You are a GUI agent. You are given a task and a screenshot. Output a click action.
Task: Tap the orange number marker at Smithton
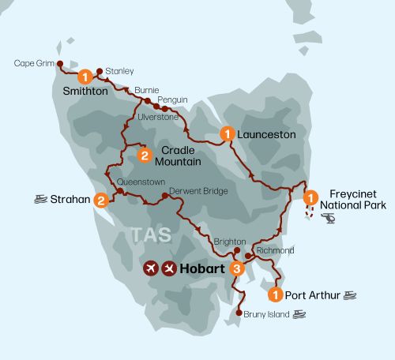[x=83, y=77]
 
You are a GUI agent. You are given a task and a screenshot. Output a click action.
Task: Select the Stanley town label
[x=119, y=71]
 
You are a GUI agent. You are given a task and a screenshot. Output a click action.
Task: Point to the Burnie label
[x=148, y=90]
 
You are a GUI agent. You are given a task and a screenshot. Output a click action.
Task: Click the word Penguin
[x=172, y=99]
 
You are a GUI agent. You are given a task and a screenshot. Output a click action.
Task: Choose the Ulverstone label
[x=159, y=117]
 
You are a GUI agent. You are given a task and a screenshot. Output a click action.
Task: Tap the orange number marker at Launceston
[x=228, y=135]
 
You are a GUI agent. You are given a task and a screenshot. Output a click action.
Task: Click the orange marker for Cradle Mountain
[x=145, y=156]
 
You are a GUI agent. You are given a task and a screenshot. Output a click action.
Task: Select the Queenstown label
[x=141, y=182]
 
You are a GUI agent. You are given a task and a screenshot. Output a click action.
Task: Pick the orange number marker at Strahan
[x=101, y=201]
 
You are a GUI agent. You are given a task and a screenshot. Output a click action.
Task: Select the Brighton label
[x=231, y=242]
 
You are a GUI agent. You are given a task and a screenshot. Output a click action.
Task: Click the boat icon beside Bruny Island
[x=299, y=314]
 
